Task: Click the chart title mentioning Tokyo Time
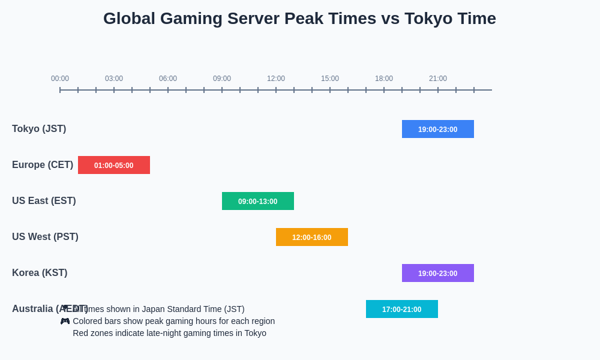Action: (299, 19)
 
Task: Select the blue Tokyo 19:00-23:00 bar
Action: (437, 129)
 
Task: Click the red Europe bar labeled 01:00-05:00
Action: (113, 165)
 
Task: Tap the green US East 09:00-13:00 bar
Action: (257, 201)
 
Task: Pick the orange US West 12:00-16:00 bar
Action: (311, 237)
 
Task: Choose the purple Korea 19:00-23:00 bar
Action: (437, 273)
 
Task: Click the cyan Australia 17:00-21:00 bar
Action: (401, 309)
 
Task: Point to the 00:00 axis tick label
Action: (60, 79)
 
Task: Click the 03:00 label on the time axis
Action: (114, 79)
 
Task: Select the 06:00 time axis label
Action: (168, 79)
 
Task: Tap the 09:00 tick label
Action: (222, 79)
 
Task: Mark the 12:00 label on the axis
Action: (276, 79)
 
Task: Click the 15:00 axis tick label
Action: (330, 79)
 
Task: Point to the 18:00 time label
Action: (384, 79)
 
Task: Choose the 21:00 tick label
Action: (438, 79)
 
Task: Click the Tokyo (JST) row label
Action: (39, 129)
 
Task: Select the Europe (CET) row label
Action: (43, 165)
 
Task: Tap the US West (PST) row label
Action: (45, 237)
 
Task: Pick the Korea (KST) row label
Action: (40, 273)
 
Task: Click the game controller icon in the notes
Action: (65, 321)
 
